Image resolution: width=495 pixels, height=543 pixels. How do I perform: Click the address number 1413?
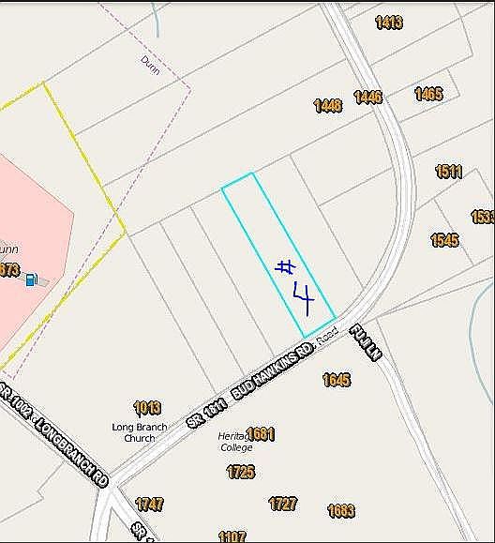(x=389, y=23)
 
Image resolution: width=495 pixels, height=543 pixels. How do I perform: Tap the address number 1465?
(x=428, y=94)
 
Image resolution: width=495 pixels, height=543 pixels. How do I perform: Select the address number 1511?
(x=449, y=172)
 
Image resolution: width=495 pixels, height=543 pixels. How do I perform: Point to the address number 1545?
(x=444, y=240)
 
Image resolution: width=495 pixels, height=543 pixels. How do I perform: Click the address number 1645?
(x=336, y=380)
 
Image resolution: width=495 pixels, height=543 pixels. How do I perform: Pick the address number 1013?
(x=147, y=408)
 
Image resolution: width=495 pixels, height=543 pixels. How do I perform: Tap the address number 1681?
(x=261, y=433)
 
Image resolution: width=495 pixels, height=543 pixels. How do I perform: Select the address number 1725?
(x=240, y=472)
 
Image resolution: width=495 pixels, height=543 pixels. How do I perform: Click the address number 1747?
(x=149, y=505)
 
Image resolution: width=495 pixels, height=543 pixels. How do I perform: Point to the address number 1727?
(x=283, y=504)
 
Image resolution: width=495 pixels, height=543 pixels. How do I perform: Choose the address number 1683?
(x=341, y=511)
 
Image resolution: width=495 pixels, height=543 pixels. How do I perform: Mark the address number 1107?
(x=232, y=536)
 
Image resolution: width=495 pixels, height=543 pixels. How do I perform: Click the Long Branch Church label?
(x=140, y=432)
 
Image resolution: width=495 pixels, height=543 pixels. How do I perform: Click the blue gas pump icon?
(x=31, y=279)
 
